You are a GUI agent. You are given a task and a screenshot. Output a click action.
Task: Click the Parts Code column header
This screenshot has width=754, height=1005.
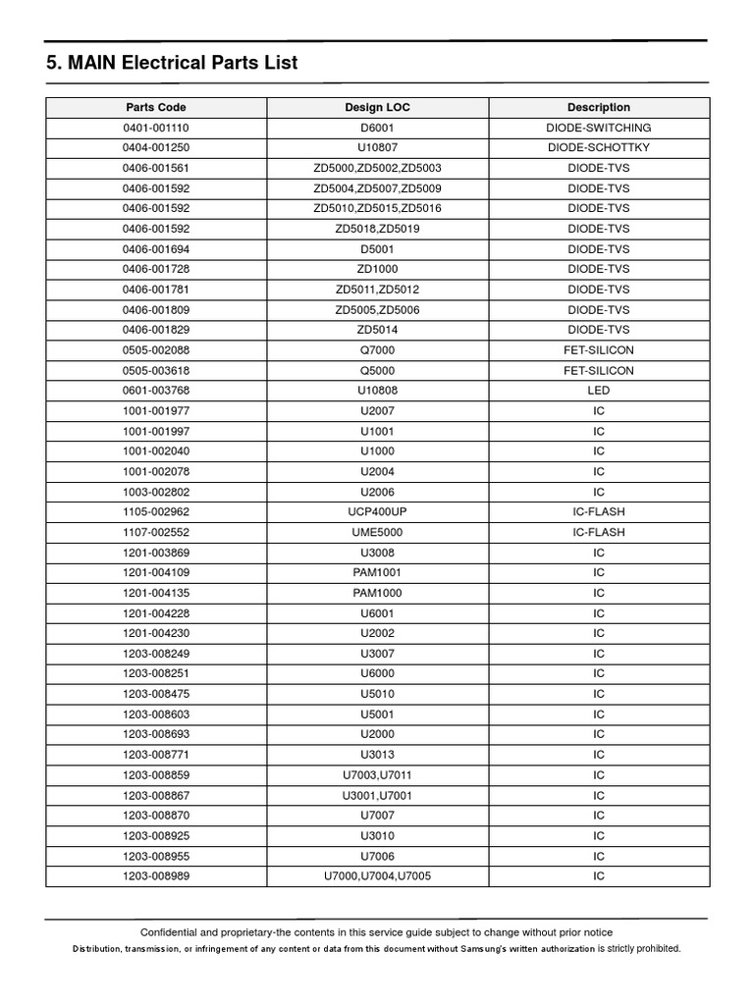click(x=156, y=107)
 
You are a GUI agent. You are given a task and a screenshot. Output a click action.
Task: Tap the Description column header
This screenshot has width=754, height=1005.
click(x=599, y=107)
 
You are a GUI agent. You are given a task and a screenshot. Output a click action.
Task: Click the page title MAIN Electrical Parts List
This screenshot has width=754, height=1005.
click(x=172, y=64)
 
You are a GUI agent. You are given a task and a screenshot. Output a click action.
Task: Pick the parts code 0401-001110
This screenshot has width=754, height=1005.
click(x=156, y=128)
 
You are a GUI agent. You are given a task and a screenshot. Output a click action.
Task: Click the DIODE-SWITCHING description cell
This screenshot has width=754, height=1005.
click(x=599, y=128)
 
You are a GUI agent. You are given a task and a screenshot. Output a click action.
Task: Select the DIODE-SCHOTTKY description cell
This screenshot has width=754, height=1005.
click(x=599, y=148)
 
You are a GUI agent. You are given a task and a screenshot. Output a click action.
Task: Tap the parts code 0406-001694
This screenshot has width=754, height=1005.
click(x=156, y=249)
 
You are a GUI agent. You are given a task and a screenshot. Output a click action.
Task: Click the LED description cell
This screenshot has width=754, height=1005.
click(x=599, y=391)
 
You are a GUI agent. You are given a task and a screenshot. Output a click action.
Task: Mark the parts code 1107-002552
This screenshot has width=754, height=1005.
click(x=156, y=532)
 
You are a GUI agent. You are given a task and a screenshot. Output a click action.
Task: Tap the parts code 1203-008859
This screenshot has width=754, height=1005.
click(x=156, y=775)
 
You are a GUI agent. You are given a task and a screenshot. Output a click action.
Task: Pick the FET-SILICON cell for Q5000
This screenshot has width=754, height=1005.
click(x=599, y=371)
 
